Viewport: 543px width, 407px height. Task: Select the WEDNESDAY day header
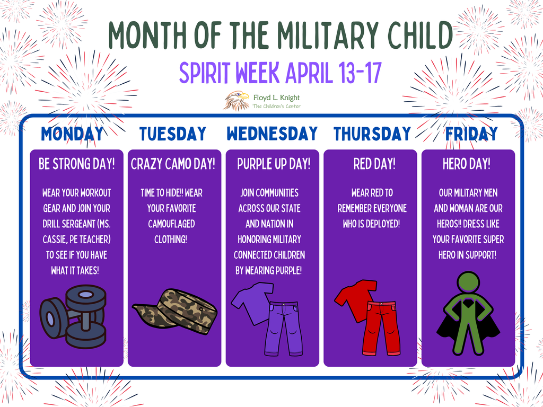272,134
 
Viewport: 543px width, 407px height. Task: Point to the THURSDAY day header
372,134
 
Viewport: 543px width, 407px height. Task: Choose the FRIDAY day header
471,134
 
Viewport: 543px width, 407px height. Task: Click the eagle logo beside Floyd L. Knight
236,100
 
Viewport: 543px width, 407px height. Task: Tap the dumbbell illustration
74,316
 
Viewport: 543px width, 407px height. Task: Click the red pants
382,328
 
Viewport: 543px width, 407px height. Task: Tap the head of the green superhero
468,282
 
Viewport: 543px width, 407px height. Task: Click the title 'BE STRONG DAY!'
77,164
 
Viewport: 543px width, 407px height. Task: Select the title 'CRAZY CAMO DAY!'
173,164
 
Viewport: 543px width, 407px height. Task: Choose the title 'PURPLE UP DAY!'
274,164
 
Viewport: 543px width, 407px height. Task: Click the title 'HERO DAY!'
467,164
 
